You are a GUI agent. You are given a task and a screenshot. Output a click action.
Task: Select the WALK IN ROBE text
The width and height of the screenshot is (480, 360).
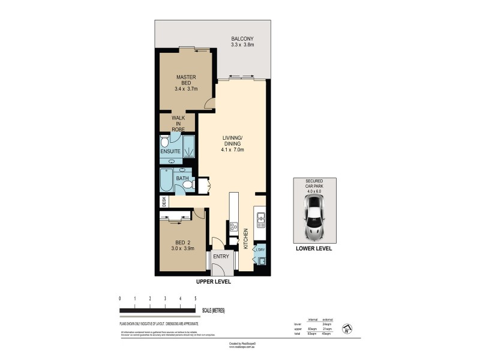(x=179, y=124)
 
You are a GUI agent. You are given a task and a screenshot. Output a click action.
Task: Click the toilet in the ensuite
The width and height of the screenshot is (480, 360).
(x=166, y=142)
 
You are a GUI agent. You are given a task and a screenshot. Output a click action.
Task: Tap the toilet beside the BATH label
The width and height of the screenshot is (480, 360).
(x=188, y=185)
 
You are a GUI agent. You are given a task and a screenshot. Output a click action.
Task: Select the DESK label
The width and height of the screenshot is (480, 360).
(x=163, y=202)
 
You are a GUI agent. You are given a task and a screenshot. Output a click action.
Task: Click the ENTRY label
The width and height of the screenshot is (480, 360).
(x=221, y=257)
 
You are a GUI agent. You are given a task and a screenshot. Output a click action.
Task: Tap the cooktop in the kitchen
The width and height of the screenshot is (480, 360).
(x=233, y=227)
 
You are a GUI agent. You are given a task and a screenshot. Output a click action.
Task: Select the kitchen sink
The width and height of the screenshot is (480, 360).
(x=261, y=219)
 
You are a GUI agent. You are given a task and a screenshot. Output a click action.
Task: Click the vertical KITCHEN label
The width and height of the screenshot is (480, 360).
(x=246, y=238)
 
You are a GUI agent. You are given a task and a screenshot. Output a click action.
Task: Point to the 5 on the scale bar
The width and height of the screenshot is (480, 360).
(x=195, y=298)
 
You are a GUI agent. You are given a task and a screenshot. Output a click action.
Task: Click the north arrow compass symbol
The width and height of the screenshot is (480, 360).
(x=347, y=329)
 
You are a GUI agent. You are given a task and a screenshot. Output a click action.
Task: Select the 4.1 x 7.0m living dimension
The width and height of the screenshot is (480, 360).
(x=232, y=151)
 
